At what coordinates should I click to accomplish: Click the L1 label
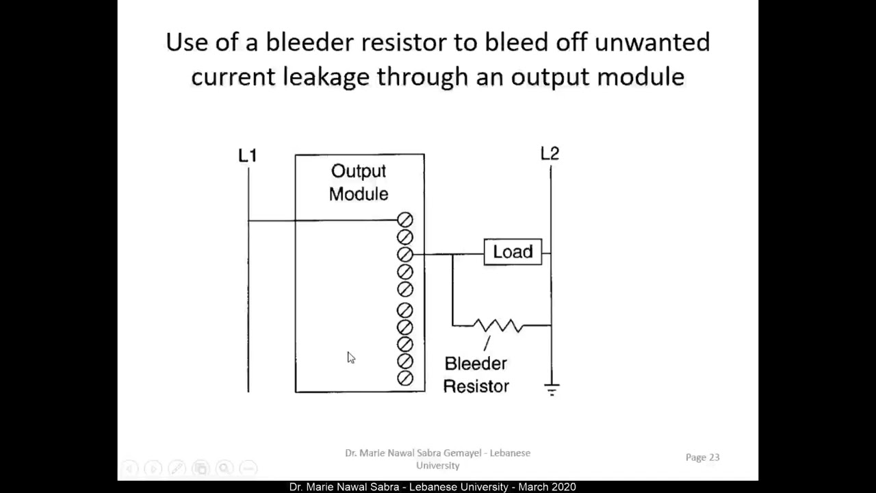(x=247, y=156)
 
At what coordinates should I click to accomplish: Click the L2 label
(x=550, y=154)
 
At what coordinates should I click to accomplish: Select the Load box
(x=513, y=252)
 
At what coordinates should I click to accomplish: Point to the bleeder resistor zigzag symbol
(x=498, y=326)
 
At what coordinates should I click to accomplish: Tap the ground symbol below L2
(x=552, y=390)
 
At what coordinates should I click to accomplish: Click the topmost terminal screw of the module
(x=405, y=220)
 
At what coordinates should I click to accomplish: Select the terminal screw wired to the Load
(x=405, y=255)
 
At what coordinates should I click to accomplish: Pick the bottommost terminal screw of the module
(x=405, y=378)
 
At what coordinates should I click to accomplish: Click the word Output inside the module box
(x=359, y=171)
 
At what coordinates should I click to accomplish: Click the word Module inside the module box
(x=359, y=194)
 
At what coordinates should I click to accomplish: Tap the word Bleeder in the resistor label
(x=476, y=364)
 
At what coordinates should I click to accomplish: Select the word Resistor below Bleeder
(x=476, y=386)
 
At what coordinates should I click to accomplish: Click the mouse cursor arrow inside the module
(x=350, y=357)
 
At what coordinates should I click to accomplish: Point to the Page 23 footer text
(x=702, y=457)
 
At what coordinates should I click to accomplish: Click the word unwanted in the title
(x=652, y=42)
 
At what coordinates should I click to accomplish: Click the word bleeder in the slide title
(x=311, y=42)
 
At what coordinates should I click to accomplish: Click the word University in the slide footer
(x=437, y=466)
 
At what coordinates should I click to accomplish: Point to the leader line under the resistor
(x=487, y=343)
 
